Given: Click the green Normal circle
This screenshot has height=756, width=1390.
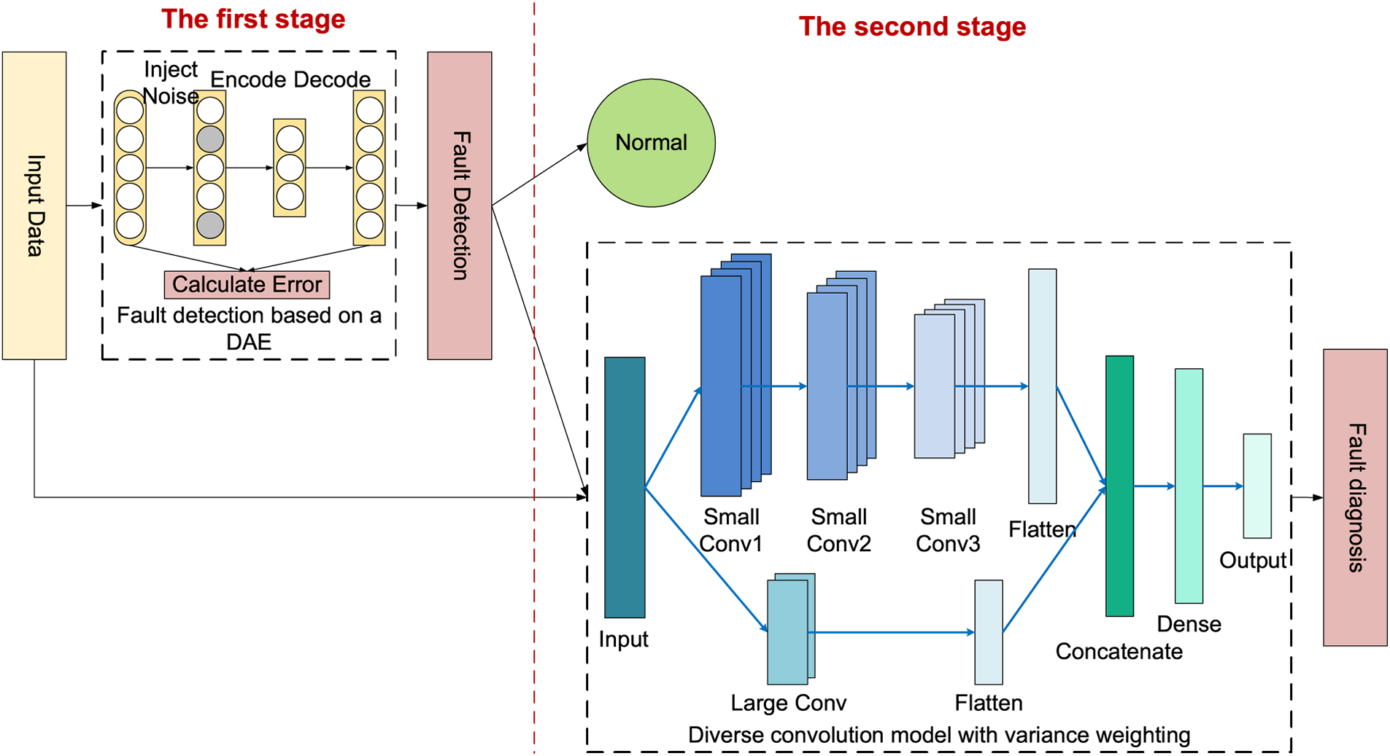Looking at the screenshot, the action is (651, 143).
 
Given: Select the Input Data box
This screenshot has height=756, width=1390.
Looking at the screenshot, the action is (34, 206).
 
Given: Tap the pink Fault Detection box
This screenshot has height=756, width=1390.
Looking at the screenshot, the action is (460, 206).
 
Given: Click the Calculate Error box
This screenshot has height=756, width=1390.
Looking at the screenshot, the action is (247, 284).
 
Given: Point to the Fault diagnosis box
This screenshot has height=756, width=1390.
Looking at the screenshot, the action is (1355, 497).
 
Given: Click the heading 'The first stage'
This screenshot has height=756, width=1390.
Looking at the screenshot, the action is (253, 19).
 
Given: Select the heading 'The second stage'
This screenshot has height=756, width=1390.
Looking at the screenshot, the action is (912, 26).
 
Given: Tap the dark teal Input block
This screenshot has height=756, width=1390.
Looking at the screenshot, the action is (625, 487).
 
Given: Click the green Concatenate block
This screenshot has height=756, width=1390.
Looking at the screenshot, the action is (1119, 486).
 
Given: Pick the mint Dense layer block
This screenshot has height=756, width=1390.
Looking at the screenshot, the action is (1189, 486).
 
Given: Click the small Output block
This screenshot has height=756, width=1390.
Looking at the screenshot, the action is (1257, 486).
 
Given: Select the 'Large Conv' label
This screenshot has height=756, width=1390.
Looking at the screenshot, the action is (789, 703).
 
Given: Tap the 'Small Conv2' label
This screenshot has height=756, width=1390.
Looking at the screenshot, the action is (839, 530).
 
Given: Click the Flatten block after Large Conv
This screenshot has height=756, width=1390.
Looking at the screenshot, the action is (989, 632).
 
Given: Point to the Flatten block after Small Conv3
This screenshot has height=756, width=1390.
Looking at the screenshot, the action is (1043, 386).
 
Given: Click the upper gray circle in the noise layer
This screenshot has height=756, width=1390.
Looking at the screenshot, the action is (210, 139).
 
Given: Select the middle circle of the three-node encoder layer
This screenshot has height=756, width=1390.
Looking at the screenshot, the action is (290, 168).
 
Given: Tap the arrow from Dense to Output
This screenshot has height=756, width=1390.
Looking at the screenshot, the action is (1223, 486).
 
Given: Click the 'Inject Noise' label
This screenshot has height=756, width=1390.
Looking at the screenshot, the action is (171, 82).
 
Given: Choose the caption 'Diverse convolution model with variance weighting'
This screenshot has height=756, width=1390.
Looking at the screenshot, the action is (939, 735).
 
